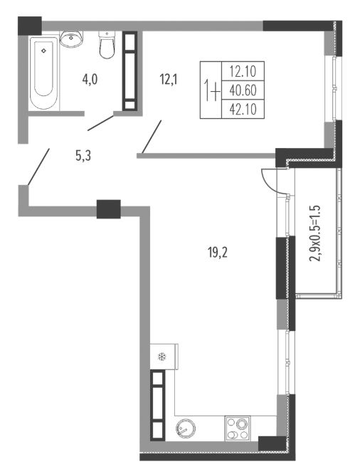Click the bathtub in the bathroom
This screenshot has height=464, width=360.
pos(44,73)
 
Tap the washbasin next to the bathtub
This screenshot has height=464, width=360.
pos(71,38)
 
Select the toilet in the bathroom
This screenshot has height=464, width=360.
pos(107,45)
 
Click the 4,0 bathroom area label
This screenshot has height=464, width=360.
pos(90,80)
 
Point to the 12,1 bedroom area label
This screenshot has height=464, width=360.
pos(169,79)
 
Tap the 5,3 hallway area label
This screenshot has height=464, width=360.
pos(83,155)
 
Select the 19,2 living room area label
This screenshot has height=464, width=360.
pos(218,253)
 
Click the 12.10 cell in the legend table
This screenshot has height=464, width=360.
pos(243,71)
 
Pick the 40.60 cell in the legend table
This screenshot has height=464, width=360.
pos(243,90)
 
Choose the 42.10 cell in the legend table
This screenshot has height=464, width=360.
pos(243,110)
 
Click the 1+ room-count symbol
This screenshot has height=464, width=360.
pos(212,91)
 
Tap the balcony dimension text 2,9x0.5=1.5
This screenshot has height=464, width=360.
pos(314,233)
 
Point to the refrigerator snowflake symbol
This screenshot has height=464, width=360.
pos(162,357)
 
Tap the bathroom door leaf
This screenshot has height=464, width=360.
pos(100,123)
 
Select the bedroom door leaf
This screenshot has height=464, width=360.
pos(152,137)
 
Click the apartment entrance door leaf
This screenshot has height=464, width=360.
pos(38,167)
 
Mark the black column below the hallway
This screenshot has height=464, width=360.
pos(109,209)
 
